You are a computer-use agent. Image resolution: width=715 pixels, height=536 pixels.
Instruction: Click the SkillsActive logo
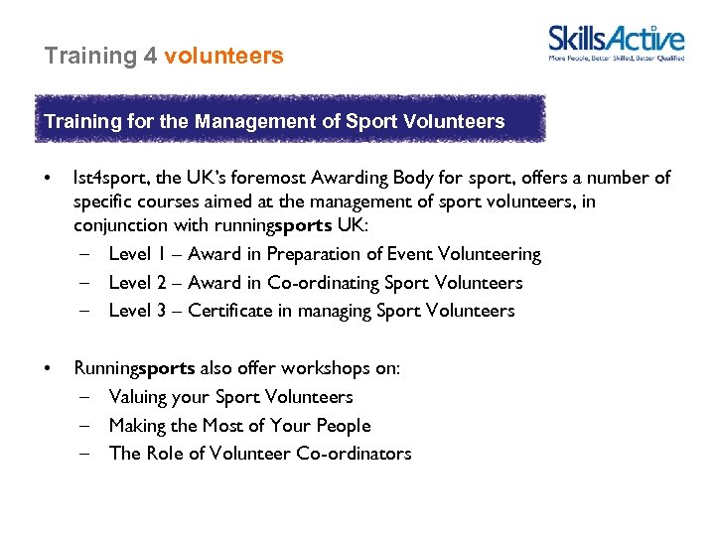616,43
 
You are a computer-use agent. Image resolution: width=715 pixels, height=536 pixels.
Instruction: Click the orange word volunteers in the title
223,56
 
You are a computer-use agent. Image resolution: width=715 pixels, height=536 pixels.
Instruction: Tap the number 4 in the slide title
150,56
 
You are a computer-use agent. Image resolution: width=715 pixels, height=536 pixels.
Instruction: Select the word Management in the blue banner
249,122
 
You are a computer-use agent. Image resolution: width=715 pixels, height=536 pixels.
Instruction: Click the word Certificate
229,311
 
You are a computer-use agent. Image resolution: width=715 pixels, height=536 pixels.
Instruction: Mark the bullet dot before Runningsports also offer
47,368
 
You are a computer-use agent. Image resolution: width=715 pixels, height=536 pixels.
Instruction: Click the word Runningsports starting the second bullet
134,368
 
